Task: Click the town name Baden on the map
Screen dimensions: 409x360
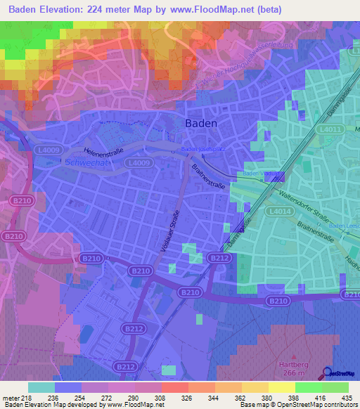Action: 200,122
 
